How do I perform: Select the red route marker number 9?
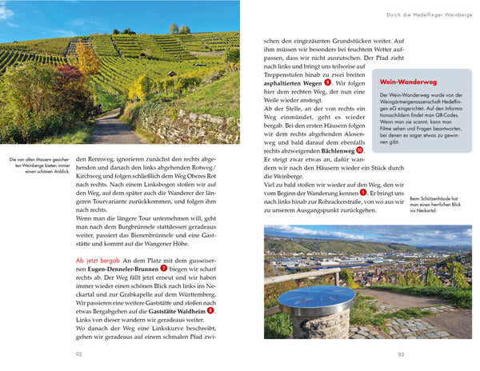(x=327, y=82)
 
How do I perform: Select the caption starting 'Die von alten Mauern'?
(x=37, y=167)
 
